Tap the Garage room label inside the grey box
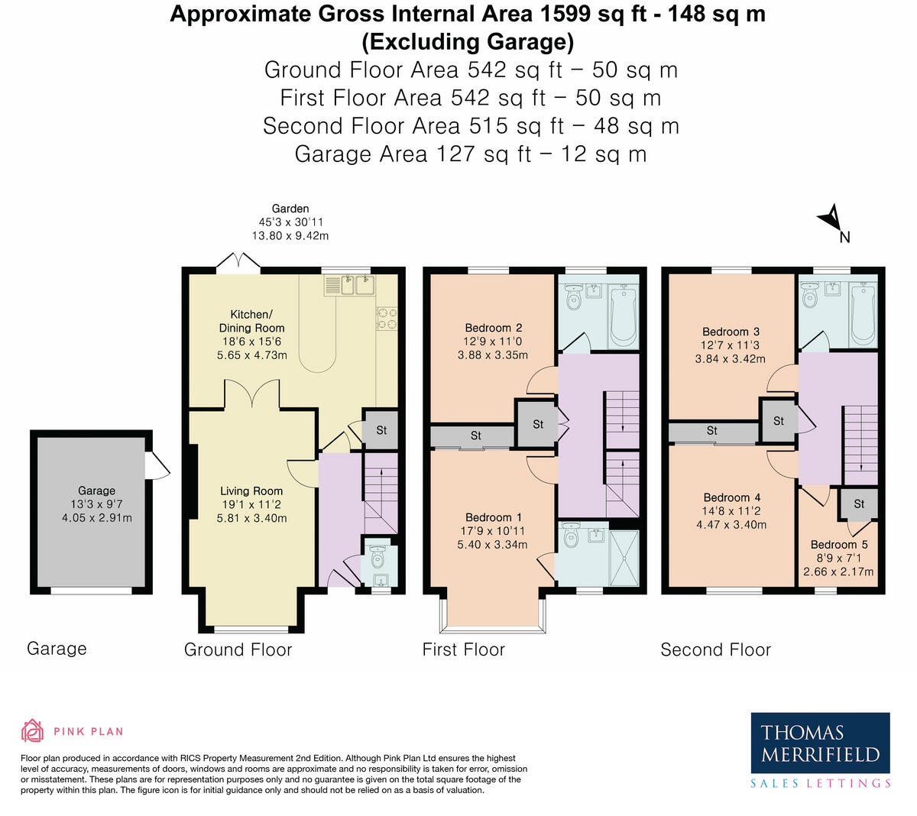tap(96, 491)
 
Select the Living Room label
tap(251, 491)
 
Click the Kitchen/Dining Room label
tap(251, 321)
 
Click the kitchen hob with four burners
tap(387, 318)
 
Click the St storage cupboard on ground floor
tap(381, 430)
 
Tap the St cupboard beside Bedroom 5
tap(859, 504)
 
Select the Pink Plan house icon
tap(32, 731)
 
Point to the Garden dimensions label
tap(290, 228)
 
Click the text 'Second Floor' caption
tap(715, 649)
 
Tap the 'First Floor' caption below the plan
tap(463, 649)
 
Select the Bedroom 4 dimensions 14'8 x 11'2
tap(731, 511)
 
